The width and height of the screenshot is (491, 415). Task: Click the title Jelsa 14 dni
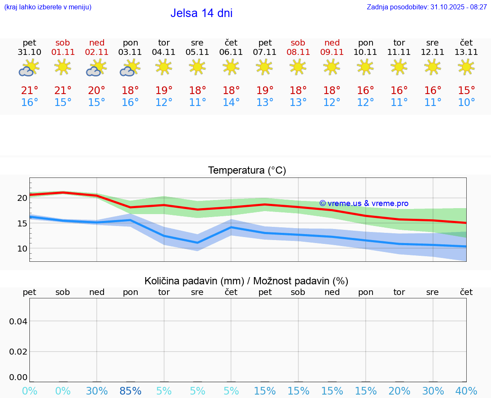click(201, 13)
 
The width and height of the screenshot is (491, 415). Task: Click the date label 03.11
click(130, 52)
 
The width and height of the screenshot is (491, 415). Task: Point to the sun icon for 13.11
click(466, 67)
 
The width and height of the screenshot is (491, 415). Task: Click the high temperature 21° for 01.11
click(63, 91)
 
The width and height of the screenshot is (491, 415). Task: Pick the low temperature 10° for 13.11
click(466, 103)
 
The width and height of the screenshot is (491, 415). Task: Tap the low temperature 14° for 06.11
click(231, 103)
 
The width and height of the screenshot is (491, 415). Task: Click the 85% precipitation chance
click(130, 391)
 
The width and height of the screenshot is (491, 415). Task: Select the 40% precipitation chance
click(466, 391)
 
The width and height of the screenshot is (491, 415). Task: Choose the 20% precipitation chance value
click(399, 391)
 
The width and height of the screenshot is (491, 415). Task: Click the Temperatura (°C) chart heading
click(247, 170)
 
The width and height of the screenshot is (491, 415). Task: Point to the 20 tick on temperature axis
click(22, 198)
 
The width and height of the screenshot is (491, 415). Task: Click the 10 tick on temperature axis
click(22, 248)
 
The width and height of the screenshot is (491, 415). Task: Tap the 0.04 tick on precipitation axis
click(18, 321)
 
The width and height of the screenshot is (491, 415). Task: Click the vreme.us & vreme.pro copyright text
click(364, 203)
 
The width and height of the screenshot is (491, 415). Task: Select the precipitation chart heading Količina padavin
click(246, 281)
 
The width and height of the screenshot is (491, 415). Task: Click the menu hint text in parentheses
click(48, 7)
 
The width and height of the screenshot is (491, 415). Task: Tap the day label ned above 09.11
click(332, 43)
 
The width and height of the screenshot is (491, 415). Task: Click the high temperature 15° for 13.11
click(466, 91)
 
